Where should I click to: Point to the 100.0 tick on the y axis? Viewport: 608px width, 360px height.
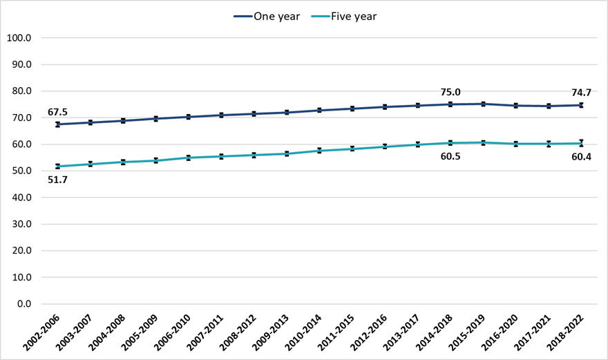point(19,38)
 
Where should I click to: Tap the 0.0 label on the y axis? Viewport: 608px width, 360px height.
point(23,303)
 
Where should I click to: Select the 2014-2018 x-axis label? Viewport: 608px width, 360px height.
point(439,334)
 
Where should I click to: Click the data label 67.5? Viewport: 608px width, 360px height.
point(58,112)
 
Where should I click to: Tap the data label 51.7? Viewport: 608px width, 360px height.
point(58,180)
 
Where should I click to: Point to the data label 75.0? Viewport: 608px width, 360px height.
point(450,91)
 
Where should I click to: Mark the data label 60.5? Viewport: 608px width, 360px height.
point(450,157)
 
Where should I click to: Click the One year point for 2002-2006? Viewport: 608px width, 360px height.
point(58,124)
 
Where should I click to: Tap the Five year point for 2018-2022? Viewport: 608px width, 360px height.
point(581,143)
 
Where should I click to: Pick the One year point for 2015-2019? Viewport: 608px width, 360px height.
point(483,104)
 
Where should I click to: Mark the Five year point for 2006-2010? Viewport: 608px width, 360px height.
point(189,158)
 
